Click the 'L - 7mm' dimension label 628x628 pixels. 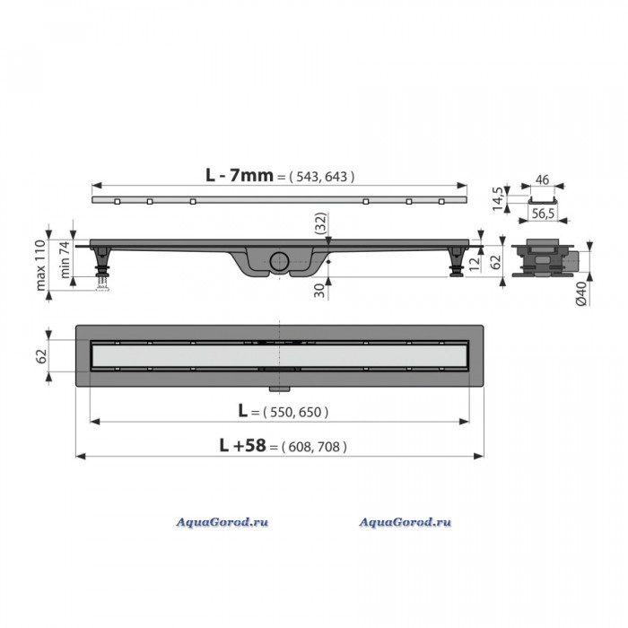tap(240, 176)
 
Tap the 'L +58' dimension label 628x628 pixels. tap(242, 445)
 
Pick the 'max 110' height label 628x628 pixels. tap(40, 266)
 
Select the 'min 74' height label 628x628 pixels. tap(65, 259)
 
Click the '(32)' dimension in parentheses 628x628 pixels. tap(321, 223)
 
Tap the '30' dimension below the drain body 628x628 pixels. tap(319, 291)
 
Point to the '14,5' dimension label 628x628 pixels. tap(497, 198)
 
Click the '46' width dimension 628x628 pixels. tap(542, 180)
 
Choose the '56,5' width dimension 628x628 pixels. tap(543, 214)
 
